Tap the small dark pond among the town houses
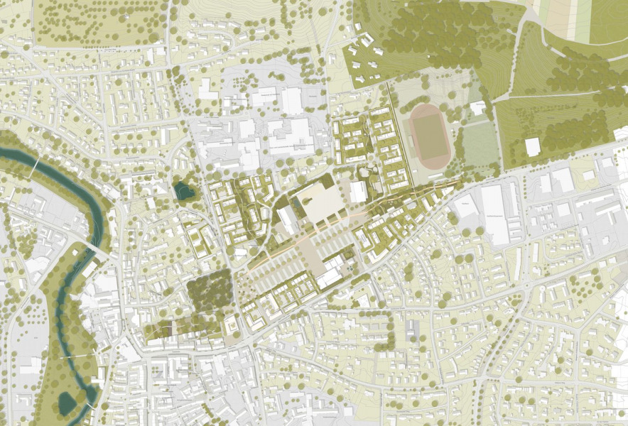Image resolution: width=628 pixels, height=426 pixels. coord(182,190)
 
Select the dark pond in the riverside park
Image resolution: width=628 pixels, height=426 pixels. coord(68,403)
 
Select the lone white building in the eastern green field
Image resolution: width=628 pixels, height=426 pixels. coord(533,147)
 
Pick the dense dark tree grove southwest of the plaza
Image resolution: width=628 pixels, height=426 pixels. coord(210,290)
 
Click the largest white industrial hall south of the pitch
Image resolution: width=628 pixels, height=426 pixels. coord(496,214)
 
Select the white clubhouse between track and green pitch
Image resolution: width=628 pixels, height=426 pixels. coord(478,108)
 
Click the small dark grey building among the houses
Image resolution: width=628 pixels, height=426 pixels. coord(411,329)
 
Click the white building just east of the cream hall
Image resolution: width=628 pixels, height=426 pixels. coord(359,191)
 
